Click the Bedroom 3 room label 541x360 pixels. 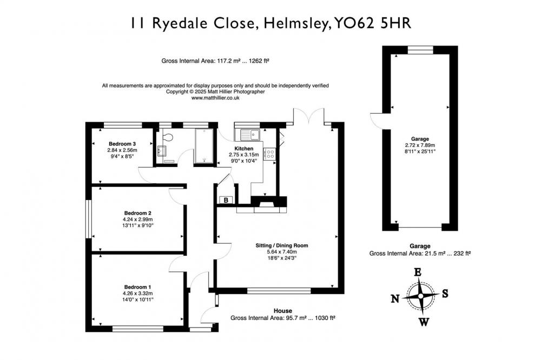tap(122, 144)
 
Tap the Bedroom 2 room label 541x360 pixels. tap(137, 213)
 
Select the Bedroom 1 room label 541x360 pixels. tap(137, 287)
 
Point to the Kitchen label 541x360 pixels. tap(244, 149)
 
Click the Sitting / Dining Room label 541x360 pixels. tap(281, 245)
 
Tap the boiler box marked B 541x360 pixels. tap(226, 200)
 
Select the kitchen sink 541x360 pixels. tap(250, 135)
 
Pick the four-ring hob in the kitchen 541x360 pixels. tap(269, 154)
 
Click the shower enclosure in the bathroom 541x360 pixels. tap(204, 146)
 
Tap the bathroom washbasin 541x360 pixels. tap(161, 151)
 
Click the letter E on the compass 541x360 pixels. tap(418, 272)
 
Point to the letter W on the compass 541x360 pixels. tap(424, 322)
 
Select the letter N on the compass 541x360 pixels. tap(395, 298)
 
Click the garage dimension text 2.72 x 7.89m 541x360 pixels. tap(420, 145)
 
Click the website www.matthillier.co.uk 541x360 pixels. tap(215, 98)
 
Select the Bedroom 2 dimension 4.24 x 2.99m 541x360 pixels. tap(137, 219)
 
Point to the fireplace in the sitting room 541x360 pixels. tap(268, 203)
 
